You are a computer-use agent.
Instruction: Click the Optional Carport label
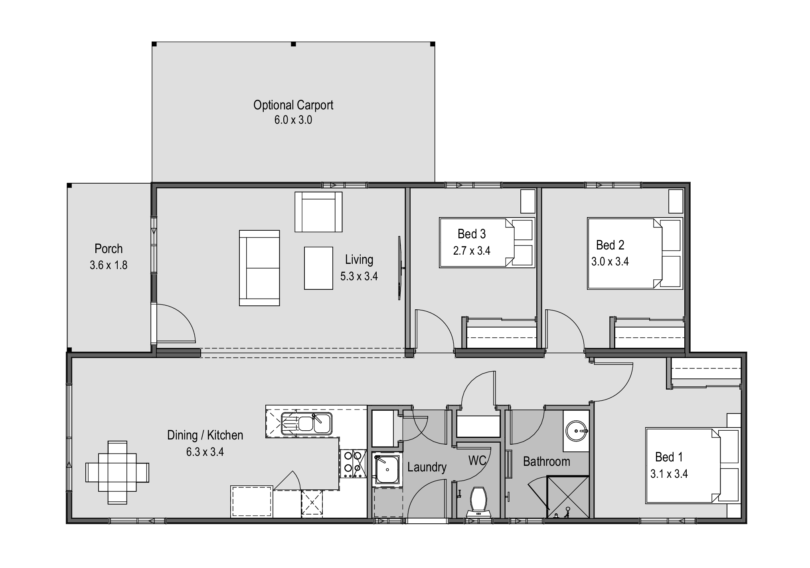293,105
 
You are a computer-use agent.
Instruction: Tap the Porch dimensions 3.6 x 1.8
109,265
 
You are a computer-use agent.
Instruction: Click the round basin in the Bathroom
577,431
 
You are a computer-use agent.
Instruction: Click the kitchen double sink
306,423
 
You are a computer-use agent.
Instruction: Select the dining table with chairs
117,472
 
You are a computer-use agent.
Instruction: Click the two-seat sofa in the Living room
259,268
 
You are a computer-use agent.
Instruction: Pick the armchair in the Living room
318,212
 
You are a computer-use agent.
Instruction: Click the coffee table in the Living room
318,268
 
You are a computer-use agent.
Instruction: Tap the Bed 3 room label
471,234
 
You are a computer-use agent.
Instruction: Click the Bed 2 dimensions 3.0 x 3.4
610,262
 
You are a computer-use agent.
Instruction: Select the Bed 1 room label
669,457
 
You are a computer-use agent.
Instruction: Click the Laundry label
427,467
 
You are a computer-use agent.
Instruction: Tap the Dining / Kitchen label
205,435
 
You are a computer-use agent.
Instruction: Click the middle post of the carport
293,44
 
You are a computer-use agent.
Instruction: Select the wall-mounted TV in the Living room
400,268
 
